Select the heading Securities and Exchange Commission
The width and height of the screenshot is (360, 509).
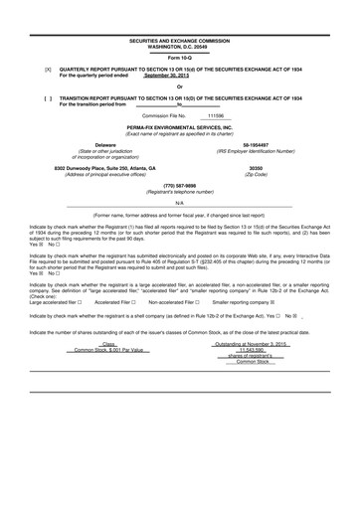coord(180,41)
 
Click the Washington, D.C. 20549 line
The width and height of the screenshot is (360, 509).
coord(180,47)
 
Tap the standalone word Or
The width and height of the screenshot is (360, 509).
coord(180,86)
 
